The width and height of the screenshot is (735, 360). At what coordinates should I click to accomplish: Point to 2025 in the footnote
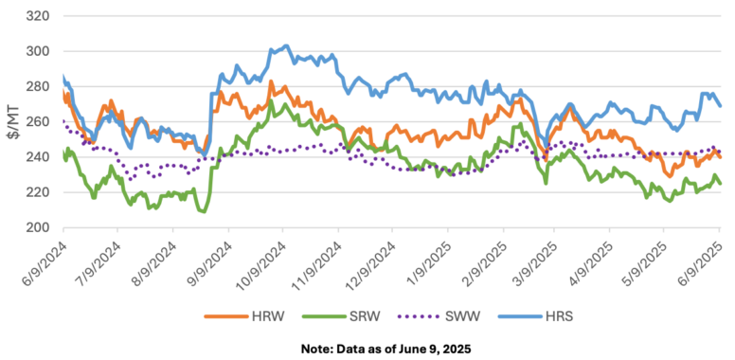458,350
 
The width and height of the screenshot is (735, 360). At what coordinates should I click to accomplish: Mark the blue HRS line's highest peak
286,45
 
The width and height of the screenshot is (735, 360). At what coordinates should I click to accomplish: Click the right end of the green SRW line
720,184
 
